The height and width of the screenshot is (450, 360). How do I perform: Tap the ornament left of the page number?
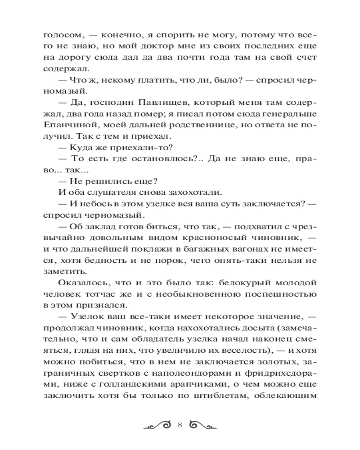156,424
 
